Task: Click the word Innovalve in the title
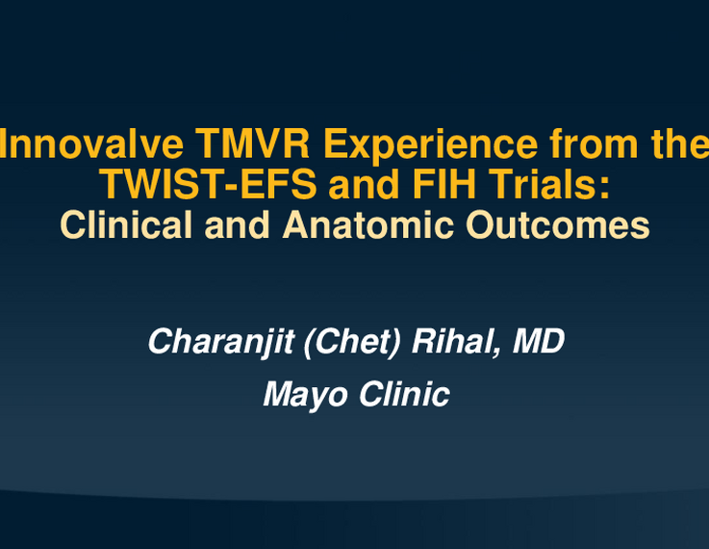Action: [x=91, y=144]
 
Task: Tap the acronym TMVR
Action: [x=252, y=144]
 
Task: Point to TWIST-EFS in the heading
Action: [x=208, y=184]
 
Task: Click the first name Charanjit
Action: [x=221, y=342]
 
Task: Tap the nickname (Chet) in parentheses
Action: [x=352, y=342]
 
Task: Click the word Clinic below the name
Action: [x=404, y=394]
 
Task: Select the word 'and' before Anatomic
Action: [x=238, y=225]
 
